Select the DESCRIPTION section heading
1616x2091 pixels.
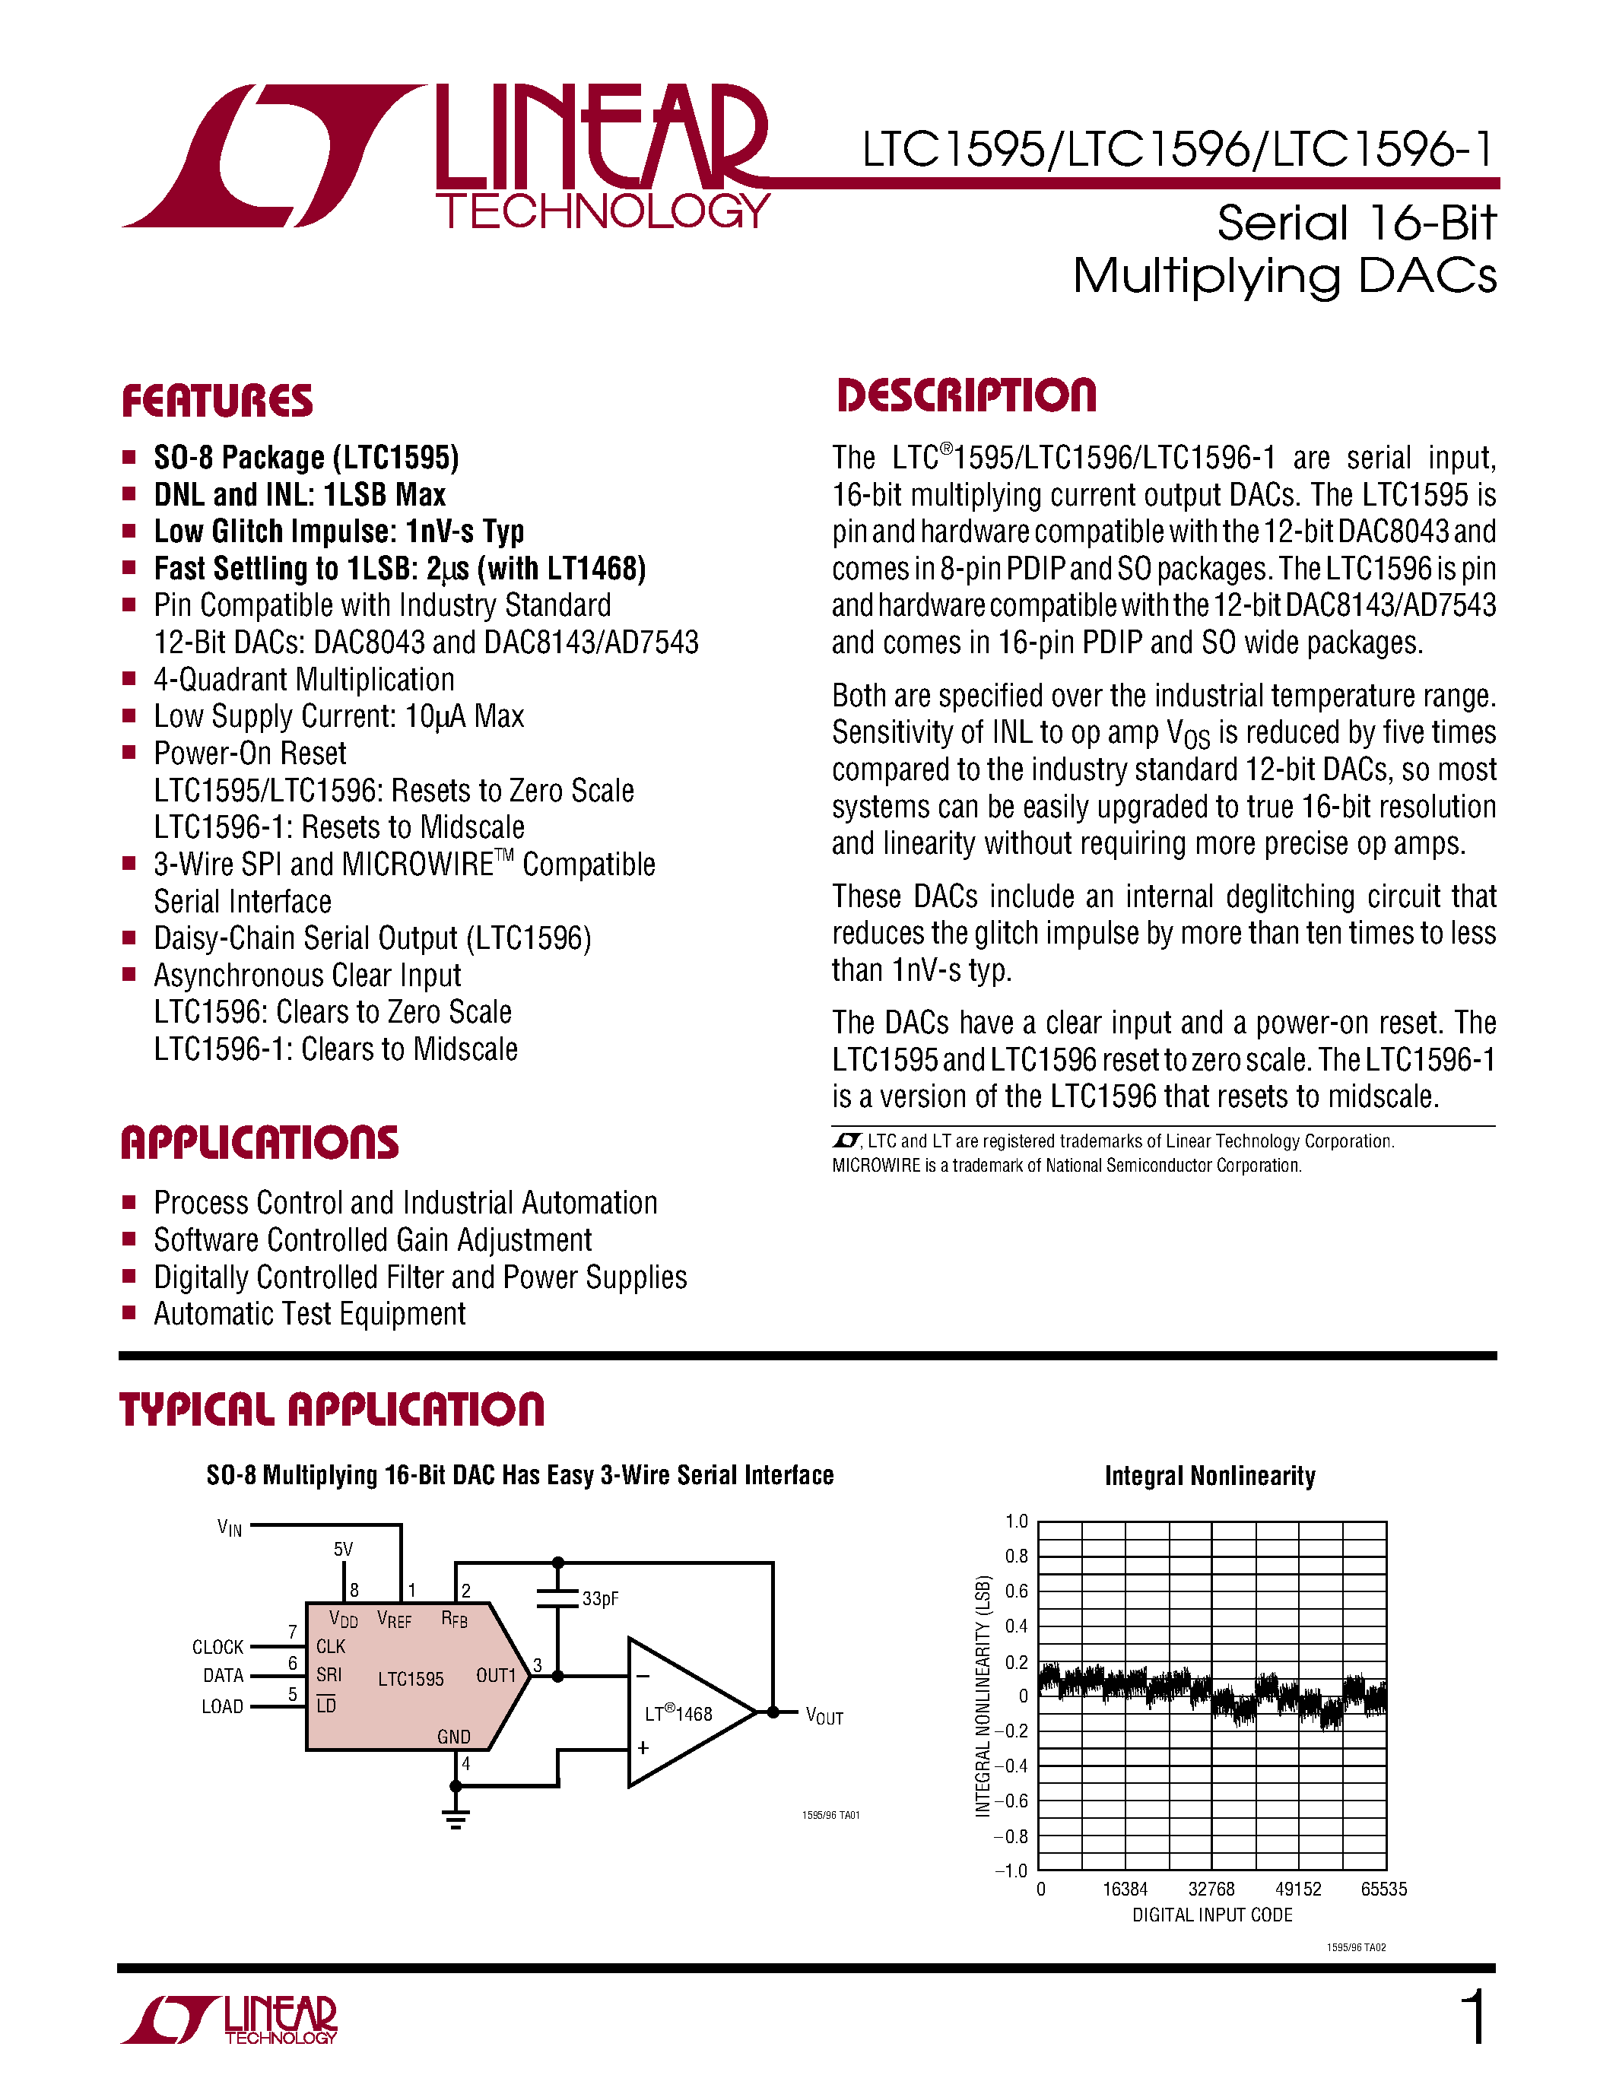click(967, 395)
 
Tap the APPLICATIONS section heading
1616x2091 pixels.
click(259, 1142)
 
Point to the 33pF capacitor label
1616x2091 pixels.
click(600, 1599)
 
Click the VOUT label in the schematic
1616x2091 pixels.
click(824, 1717)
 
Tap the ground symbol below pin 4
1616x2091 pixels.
click(456, 1819)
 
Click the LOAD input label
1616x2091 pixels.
click(222, 1706)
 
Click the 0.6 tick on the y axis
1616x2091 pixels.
click(1017, 1591)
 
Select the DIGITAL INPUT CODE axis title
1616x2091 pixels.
click(1212, 1915)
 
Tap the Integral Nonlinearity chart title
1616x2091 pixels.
click(1210, 1475)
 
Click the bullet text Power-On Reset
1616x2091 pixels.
click(250, 754)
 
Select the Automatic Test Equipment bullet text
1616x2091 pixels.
click(310, 1314)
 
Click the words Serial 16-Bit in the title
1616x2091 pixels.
click(1356, 223)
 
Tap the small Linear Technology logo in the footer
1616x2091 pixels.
click(230, 2020)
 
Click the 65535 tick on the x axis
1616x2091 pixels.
click(1383, 1889)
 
